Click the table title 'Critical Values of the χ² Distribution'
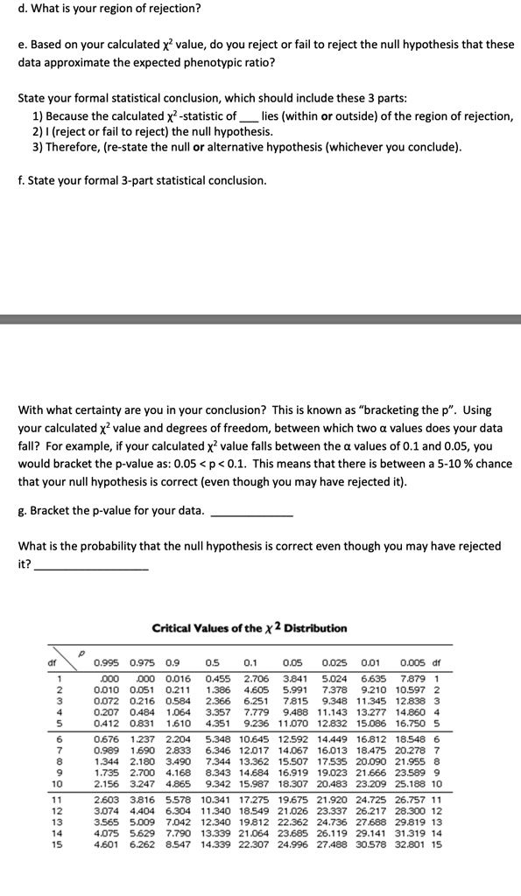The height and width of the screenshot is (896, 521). click(249, 628)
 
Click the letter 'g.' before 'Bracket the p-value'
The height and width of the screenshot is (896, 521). click(23, 509)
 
